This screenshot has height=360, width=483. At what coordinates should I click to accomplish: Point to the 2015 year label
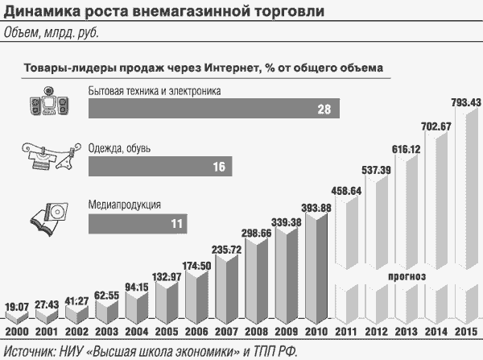pos(464,333)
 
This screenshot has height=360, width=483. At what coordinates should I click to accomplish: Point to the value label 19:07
pos(19,307)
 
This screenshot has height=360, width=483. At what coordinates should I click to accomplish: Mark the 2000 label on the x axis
pos(19,333)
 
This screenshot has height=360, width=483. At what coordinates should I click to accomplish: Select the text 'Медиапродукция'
pos(125,205)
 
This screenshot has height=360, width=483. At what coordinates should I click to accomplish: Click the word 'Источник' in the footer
pos(29,350)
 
